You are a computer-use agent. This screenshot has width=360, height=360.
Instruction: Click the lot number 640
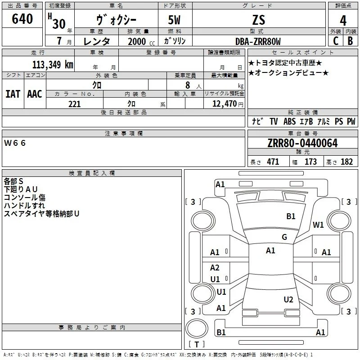(22, 18)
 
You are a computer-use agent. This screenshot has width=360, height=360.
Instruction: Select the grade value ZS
(259, 20)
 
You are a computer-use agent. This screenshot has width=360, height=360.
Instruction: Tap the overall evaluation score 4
(343, 21)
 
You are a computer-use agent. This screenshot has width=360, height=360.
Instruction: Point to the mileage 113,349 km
(53, 64)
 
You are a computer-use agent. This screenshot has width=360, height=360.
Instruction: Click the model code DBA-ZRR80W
(258, 41)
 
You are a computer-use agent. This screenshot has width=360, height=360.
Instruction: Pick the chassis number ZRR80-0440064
(302, 143)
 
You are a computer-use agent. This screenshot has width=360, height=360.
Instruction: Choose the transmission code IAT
(13, 94)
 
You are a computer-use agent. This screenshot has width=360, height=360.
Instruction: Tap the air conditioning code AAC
(35, 94)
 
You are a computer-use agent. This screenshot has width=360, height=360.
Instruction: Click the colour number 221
(74, 104)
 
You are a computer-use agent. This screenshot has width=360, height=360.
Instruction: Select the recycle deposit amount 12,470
(224, 103)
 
